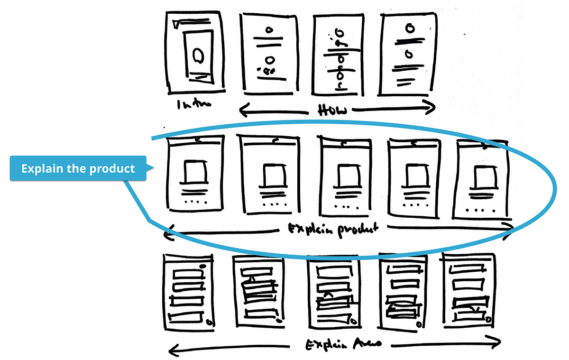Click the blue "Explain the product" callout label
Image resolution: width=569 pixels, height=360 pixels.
pos(78,168)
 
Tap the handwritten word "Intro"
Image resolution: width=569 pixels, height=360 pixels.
pos(188,105)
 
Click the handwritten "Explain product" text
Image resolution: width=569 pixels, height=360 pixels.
pos(334,230)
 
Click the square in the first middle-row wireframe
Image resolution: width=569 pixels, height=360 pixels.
pos(195,172)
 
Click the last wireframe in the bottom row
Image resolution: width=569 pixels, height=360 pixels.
pos(469,290)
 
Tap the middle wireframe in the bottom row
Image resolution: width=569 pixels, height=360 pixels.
pos(332,293)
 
